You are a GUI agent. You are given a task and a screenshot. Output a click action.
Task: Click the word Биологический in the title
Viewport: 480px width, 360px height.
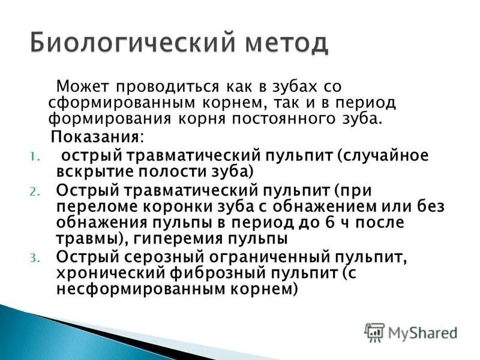click(x=118, y=44)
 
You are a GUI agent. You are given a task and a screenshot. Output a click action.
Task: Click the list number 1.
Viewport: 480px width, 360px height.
click(x=34, y=156)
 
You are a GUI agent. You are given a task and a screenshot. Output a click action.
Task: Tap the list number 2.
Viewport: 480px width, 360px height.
click(x=34, y=192)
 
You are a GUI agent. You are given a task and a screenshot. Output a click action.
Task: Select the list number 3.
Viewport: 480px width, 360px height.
click(x=34, y=258)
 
